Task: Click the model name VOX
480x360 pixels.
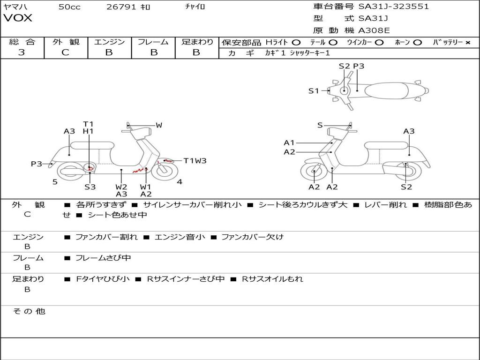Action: click(x=18, y=18)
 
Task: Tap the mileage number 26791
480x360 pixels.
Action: click(x=121, y=7)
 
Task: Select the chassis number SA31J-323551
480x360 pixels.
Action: click(x=394, y=7)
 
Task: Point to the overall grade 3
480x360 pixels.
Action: click(x=22, y=52)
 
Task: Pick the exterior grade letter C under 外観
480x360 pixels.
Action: click(x=66, y=52)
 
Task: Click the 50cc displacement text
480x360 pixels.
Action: click(x=69, y=7)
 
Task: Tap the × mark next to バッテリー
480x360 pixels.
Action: click(x=468, y=43)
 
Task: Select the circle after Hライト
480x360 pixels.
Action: click(x=296, y=43)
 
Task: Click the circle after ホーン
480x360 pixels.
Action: click(x=417, y=43)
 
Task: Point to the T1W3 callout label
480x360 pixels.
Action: click(x=195, y=161)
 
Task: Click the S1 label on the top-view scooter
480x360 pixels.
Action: click(x=314, y=90)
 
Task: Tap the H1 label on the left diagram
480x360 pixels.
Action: click(x=88, y=131)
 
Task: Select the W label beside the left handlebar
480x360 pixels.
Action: click(x=159, y=125)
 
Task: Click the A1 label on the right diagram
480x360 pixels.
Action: click(x=289, y=142)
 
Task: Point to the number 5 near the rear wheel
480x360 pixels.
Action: click(x=55, y=182)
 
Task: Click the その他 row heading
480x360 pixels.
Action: click(x=29, y=311)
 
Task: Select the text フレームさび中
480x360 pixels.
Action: click(x=103, y=258)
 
